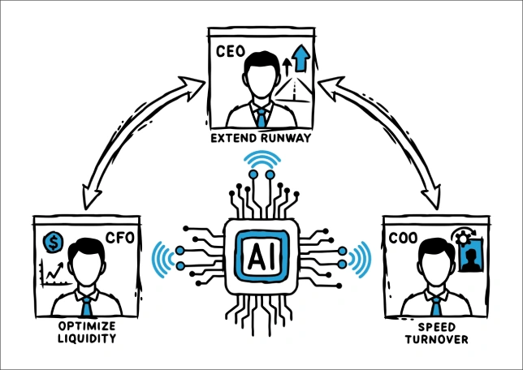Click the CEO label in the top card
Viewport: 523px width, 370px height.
click(x=232, y=50)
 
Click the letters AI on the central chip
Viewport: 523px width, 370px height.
click(x=261, y=256)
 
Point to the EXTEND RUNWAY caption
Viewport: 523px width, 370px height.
click(x=261, y=140)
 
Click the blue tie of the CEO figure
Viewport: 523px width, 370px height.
click(x=261, y=116)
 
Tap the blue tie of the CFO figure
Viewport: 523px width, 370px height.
click(x=85, y=306)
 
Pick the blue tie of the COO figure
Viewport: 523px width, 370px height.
click(x=435, y=306)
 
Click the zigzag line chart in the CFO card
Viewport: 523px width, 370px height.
click(x=54, y=273)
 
